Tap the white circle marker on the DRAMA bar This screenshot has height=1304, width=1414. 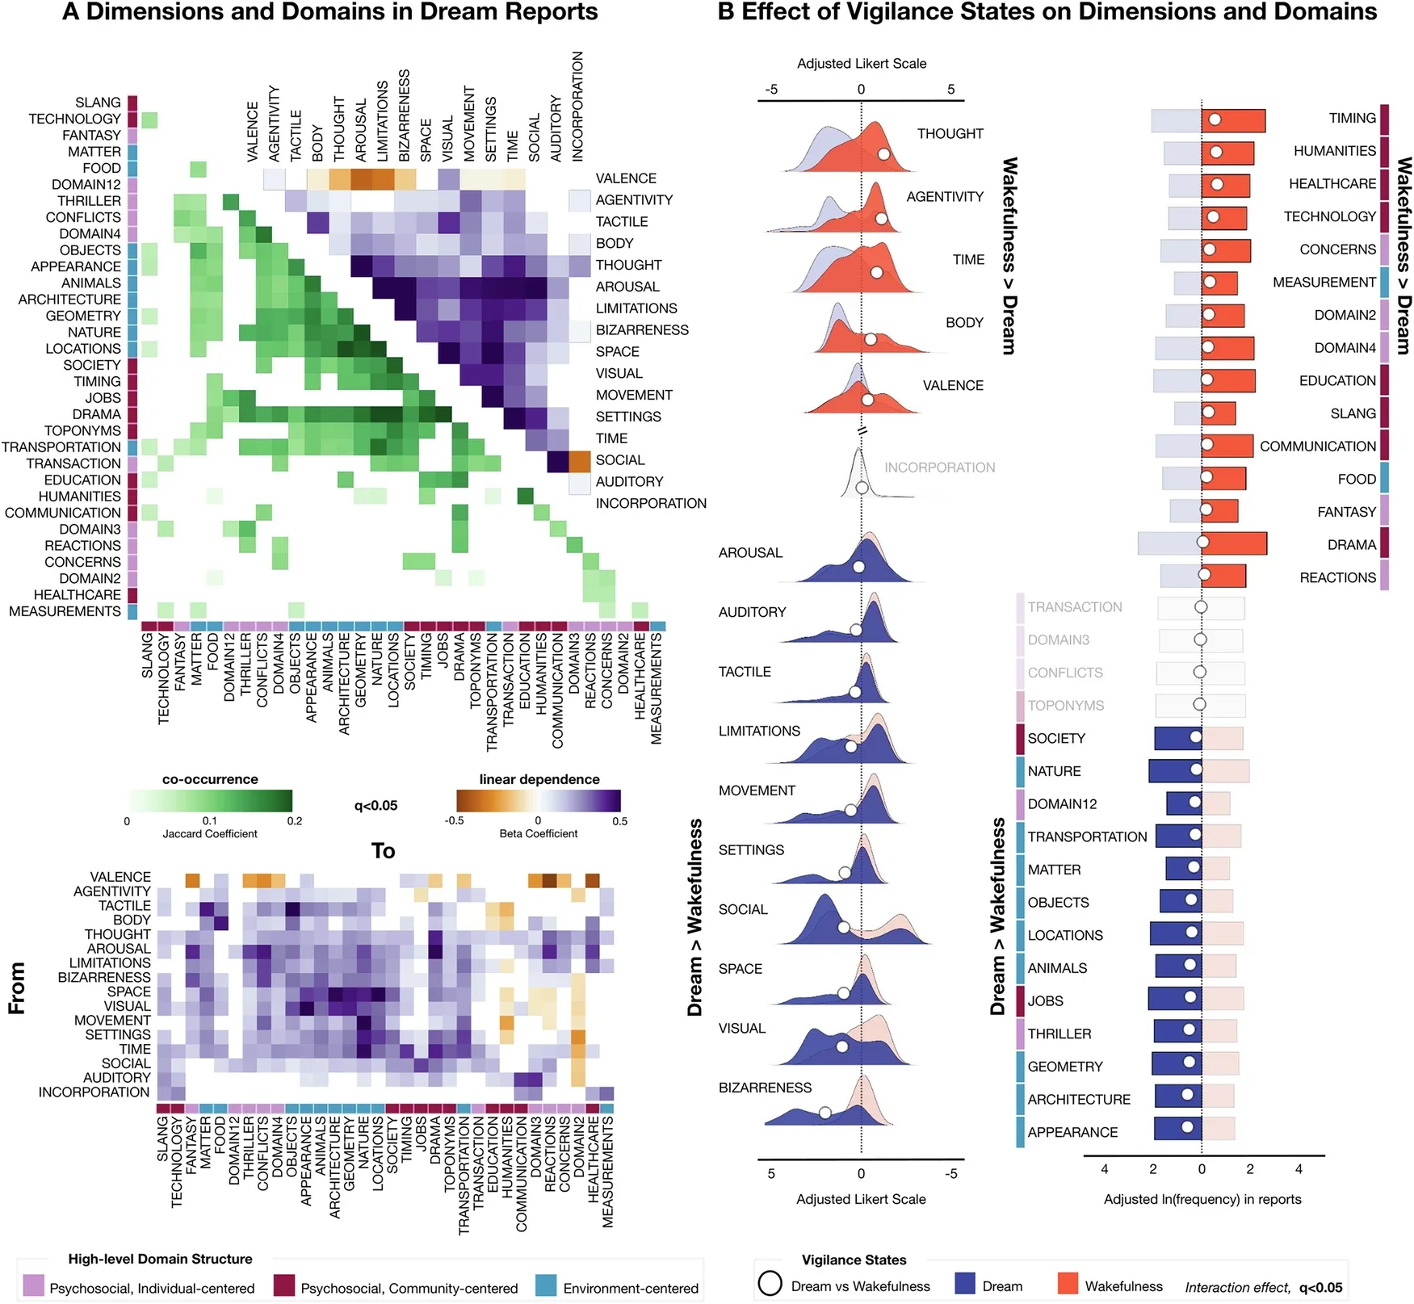tap(1203, 542)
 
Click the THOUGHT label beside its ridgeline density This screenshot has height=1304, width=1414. tap(950, 133)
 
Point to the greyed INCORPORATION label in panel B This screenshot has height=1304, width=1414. tap(939, 468)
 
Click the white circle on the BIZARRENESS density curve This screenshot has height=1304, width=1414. tap(824, 1113)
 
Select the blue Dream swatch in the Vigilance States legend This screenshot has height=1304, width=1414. tap(965, 1284)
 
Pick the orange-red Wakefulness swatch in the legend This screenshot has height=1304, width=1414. tap(1068, 1284)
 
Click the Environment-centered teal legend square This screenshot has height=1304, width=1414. tap(546, 1286)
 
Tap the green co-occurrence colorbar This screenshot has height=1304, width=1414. tap(210, 801)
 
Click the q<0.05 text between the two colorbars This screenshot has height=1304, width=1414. tap(376, 805)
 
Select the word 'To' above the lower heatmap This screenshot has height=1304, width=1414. tap(383, 851)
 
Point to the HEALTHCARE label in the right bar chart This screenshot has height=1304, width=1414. tap(1332, 184)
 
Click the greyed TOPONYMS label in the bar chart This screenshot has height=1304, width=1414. tap(1065, 706)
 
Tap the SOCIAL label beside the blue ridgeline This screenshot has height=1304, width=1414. tap(743, 909)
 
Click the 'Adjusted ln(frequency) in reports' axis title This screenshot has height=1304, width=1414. tap(1202, 1199)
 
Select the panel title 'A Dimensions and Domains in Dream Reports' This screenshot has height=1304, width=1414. tap(329, 12)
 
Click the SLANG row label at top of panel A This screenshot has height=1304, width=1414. tap(98, 103)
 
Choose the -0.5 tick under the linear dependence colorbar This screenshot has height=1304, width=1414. tap(454, 821)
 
